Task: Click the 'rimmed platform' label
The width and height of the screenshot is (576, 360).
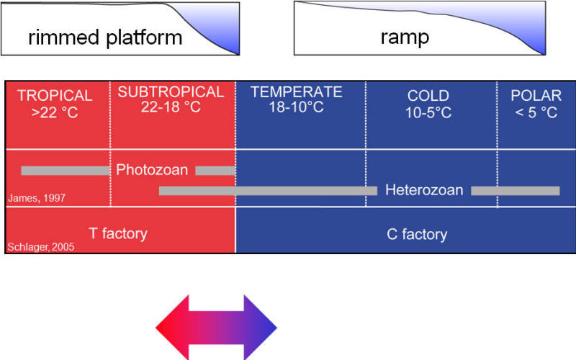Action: (105, 38)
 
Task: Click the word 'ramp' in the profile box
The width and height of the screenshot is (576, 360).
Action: (405, 37)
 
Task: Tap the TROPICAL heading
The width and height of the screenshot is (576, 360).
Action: (55, 96)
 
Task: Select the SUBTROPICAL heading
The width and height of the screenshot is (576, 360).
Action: (171, 92)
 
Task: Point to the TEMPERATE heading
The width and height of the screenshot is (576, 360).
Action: (297, 92)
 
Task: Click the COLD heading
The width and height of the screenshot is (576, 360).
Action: (428, 96)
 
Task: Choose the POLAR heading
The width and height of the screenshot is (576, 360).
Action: (536, 96)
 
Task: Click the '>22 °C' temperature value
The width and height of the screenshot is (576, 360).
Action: (55, 112)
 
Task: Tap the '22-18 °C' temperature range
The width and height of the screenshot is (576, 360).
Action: (171, 107)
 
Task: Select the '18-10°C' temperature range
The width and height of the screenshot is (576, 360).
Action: (296, 107)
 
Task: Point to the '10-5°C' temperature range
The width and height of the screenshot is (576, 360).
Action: (428, 112)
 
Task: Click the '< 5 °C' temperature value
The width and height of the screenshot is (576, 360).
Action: (536, 112)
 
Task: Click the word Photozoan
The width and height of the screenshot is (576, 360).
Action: (152, 170)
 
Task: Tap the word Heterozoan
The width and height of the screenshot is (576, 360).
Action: (424, 190)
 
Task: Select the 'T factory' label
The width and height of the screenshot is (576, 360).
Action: (118, 233)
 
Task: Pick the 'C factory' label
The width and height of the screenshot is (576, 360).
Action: (417, 235)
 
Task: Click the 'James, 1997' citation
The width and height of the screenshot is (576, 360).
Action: (37, 199)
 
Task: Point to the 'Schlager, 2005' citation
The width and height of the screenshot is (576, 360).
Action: (41, 247)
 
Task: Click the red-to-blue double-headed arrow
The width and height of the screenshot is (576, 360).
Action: (216, 328)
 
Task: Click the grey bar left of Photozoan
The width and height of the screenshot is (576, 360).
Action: (66, 171)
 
